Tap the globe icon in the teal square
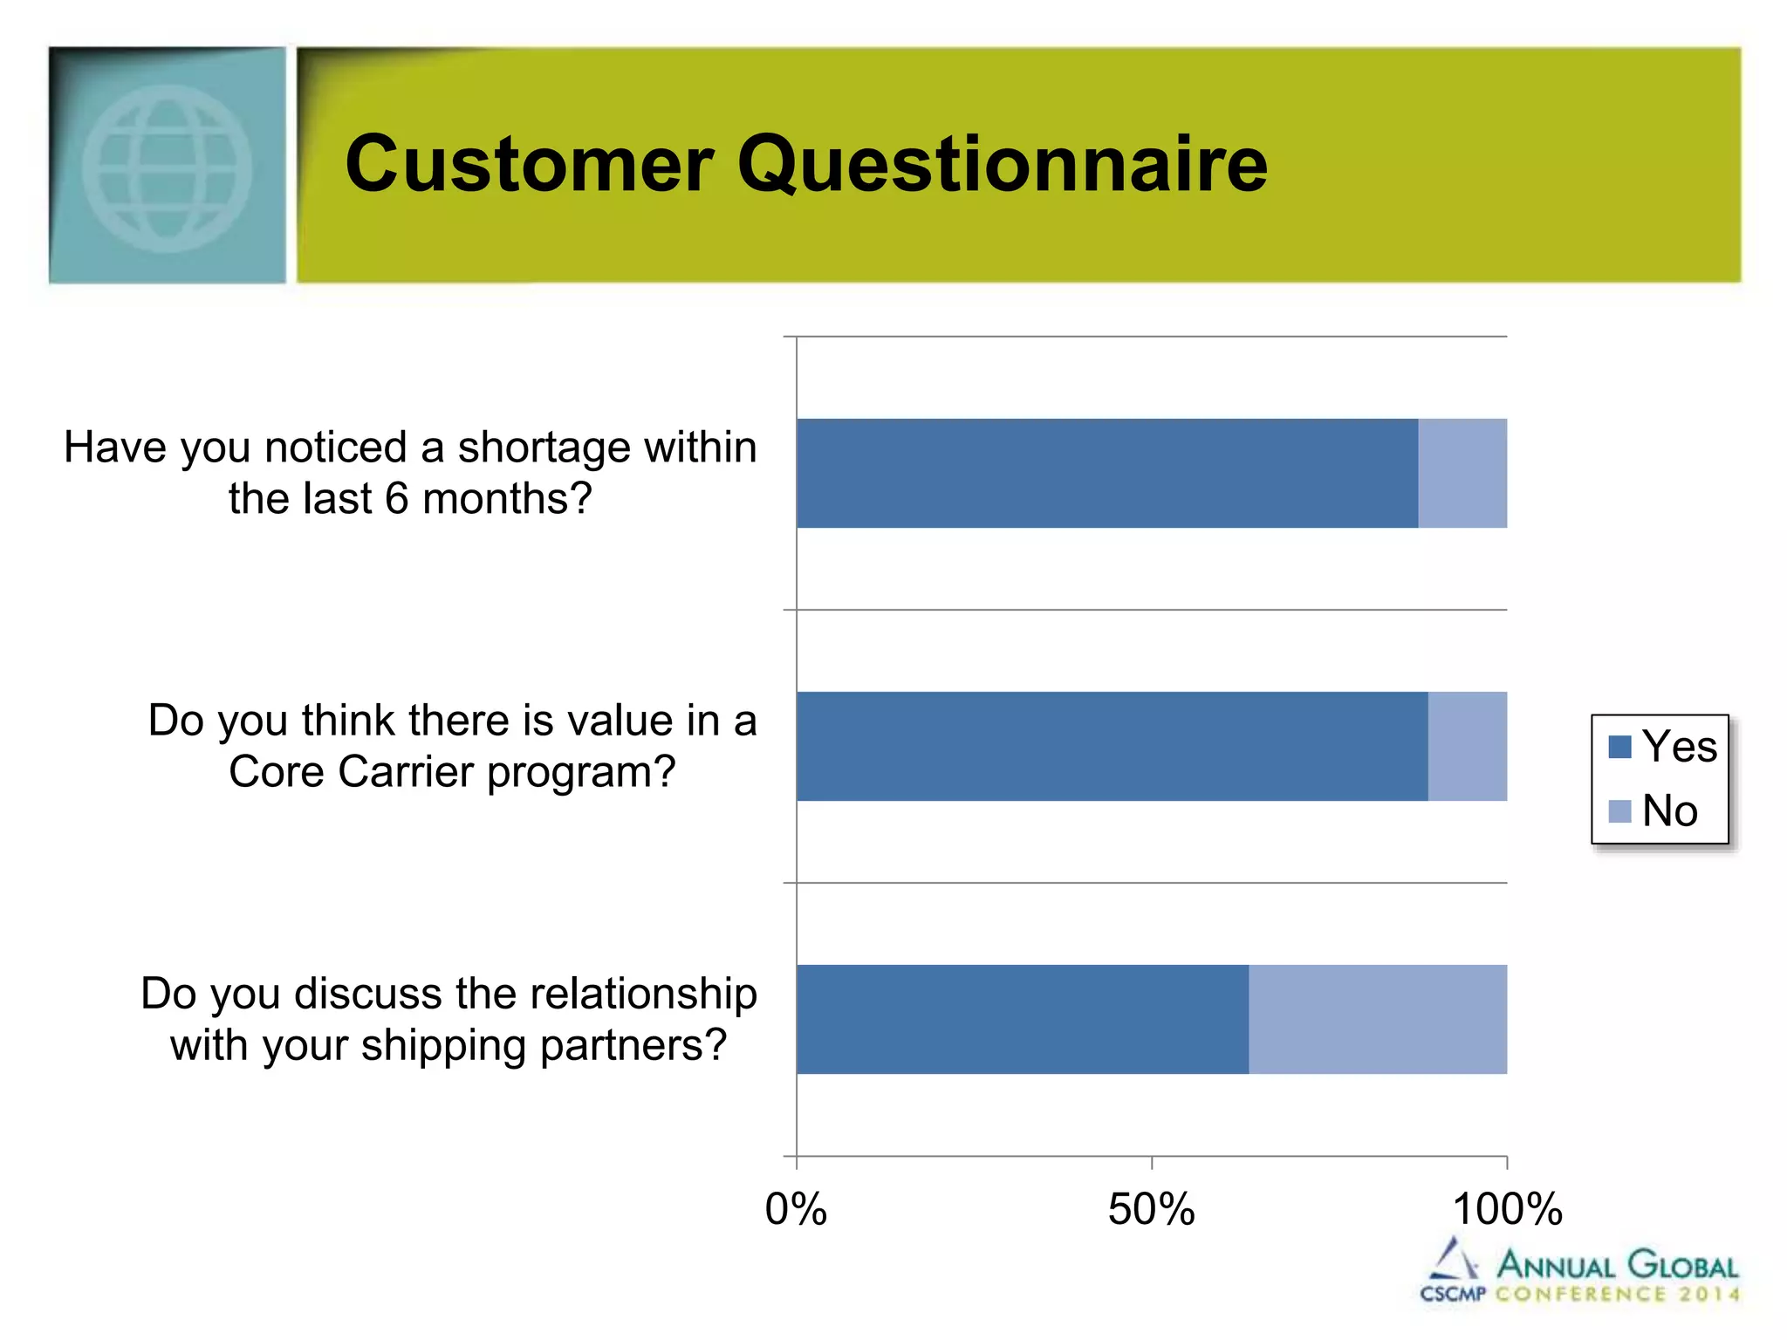pos(167,167)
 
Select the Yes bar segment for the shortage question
pos(1106,473)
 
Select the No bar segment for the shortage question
pos(1462,473)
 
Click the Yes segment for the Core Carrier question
pos(1112,746)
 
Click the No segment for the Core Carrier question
pos(1468,746)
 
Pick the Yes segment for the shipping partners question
pos(1022,1019)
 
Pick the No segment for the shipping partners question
pos(1377,1019)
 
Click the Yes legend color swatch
pos(1619,747)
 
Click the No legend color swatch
pos(1619,811)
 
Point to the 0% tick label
pos(796,1210)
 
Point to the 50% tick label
pos(1151,1210)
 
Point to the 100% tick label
pos(1507,1210)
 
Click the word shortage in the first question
pos(544,448)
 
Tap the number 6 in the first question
pos(397,499)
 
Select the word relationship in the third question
pos(643,994)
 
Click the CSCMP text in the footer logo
pos(1453,1294)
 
